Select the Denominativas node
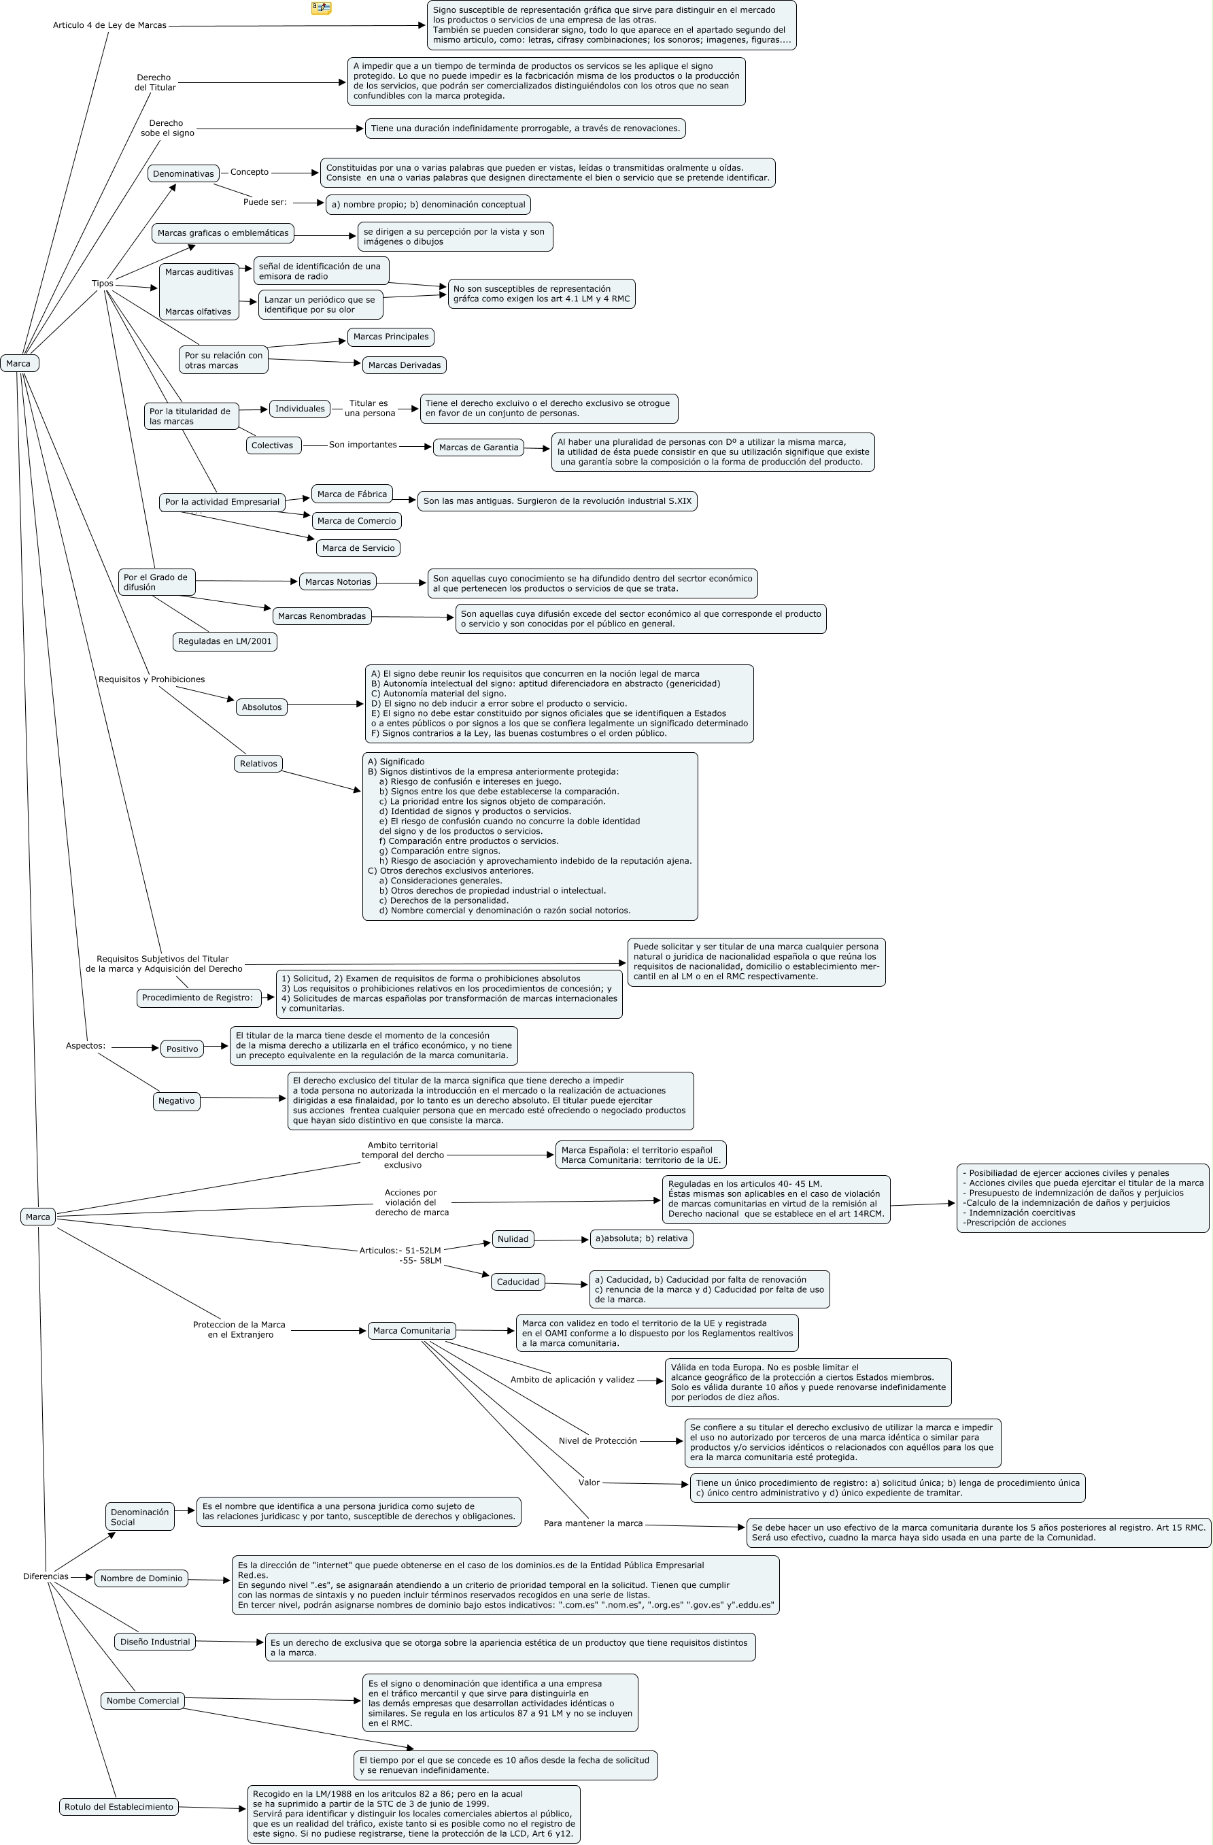coord(183,173)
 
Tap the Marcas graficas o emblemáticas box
coord(222,233)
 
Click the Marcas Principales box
coord(391,337)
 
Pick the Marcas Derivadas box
coord(404,365)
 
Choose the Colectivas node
coord(273,445)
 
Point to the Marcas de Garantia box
coord(478,447)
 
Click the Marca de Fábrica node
coord(352,494)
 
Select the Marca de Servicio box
coord(358,548)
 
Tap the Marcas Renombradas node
coord(322,616)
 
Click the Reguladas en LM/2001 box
coord(225,642)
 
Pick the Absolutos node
coord(261,707)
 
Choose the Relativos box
coord(258,764)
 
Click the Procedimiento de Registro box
coord(198,998)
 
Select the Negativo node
coord(176,1101)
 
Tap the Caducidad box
coord(517,1282)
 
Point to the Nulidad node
coord(512,1240)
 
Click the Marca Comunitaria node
coord(411,1331)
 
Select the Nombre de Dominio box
coord(141,1578)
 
